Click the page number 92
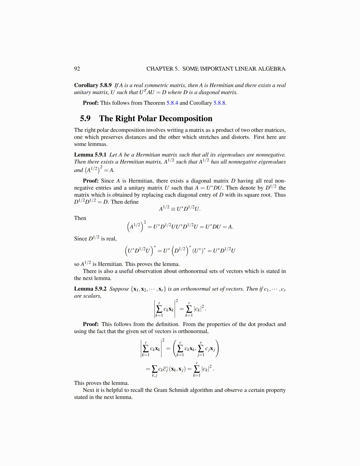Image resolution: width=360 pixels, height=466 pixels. (x=77, y=69)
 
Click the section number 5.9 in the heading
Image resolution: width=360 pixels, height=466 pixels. (x=85, y=119)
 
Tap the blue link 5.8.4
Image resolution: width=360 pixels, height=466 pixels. (x=172, y=103)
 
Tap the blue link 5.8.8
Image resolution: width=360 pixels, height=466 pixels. (x=219, y=103)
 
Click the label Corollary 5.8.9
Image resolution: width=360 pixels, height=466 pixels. (x=93, y=85)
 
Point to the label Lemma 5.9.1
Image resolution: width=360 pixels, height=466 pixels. (x=90, y=155)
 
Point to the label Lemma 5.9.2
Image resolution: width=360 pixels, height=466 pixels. (x=90, y=289)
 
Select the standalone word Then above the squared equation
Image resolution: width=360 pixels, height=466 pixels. (x=80, y=218)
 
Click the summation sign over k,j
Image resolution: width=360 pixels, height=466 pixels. (x=154, y=369)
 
